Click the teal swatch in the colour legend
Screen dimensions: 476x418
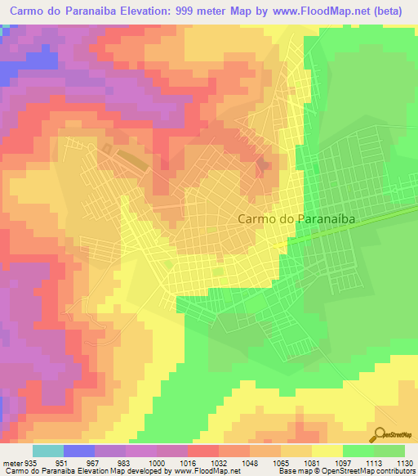point(47,451)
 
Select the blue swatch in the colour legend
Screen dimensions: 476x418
point(78,451)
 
